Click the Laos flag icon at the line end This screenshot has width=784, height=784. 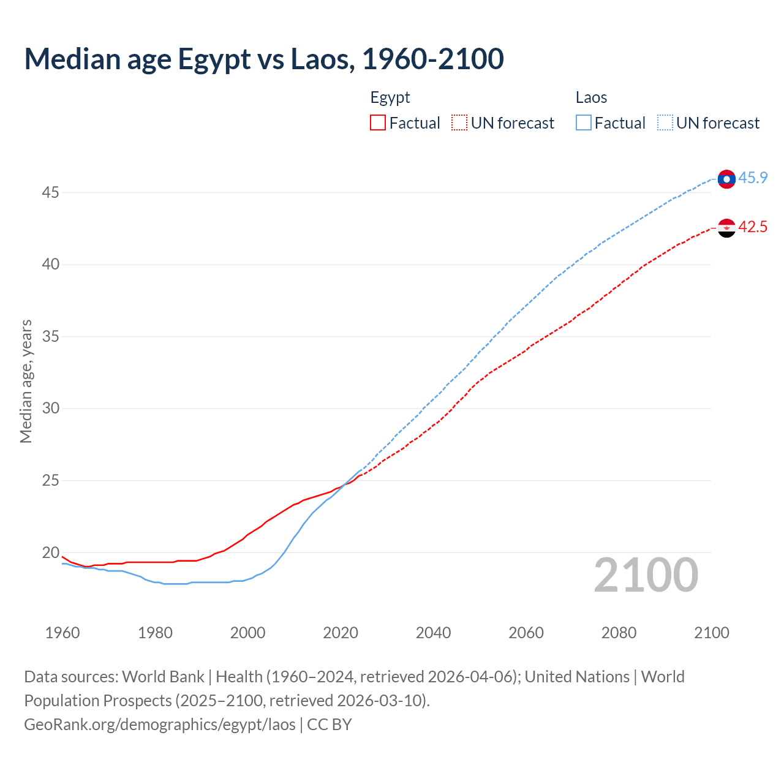pos(726,179)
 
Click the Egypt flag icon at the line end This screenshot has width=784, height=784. pos(726,228)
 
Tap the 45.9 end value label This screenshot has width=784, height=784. pos(753,178)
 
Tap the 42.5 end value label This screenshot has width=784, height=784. pos(753,227)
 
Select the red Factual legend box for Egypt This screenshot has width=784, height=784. pos(378,123)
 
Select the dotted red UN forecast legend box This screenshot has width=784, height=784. pos(459,123)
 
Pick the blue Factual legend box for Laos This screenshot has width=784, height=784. pos(584,123)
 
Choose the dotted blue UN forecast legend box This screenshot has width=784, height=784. pos(665,123)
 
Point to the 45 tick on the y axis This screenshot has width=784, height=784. pos(50,193)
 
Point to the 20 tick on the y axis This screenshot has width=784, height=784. pos(50,552)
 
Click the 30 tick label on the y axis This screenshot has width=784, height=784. pos(50,409)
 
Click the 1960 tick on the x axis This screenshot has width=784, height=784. pos(62,633)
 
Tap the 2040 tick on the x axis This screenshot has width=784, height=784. pos(433,633)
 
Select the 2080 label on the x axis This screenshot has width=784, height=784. pos(619,633)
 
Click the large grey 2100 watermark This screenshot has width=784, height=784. pos(646,575)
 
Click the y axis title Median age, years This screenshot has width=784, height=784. pos(26,381)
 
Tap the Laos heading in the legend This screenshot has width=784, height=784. pos(591,97)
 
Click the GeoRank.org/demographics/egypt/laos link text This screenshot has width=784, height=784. pos(160,725)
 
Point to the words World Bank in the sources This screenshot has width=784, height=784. pos(163,677)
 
